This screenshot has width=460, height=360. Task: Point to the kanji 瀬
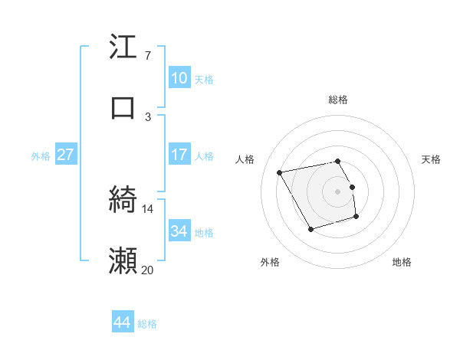(x=123, y=260)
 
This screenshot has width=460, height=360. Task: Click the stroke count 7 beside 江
(x=148, y=56)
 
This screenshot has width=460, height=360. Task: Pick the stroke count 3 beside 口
(x=148, y=116)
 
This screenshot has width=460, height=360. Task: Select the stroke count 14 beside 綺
(x=148, y=208)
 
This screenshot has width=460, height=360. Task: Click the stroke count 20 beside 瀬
(x=148, y=270)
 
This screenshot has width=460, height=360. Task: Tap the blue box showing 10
(x=179, y=78)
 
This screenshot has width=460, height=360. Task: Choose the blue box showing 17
(x=179, y=155)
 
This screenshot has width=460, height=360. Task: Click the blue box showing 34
(x=179, y=231)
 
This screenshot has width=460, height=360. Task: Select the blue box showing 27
(x=65, y=155)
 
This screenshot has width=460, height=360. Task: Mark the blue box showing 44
(x=122, y=322)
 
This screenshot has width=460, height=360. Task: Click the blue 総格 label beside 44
(x=147, y=324)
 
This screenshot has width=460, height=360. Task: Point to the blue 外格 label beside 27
(x=41, y=156)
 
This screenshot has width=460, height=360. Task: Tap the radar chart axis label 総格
(x=338, y=100)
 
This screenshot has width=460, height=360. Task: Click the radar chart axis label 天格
(x=431, y=159)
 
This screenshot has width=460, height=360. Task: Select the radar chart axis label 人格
(x=245, y=159)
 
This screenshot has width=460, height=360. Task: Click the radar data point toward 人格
(x=280, y=172)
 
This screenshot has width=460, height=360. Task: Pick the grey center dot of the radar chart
(x=338, y=191)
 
